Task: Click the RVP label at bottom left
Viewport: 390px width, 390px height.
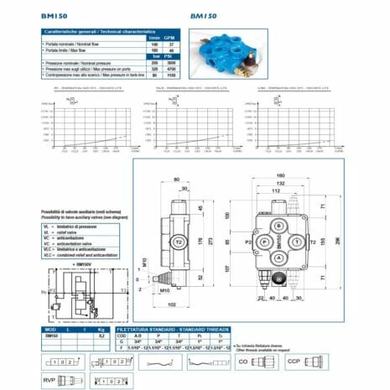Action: [50, 377]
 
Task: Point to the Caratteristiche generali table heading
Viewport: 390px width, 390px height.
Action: [92, 32]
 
